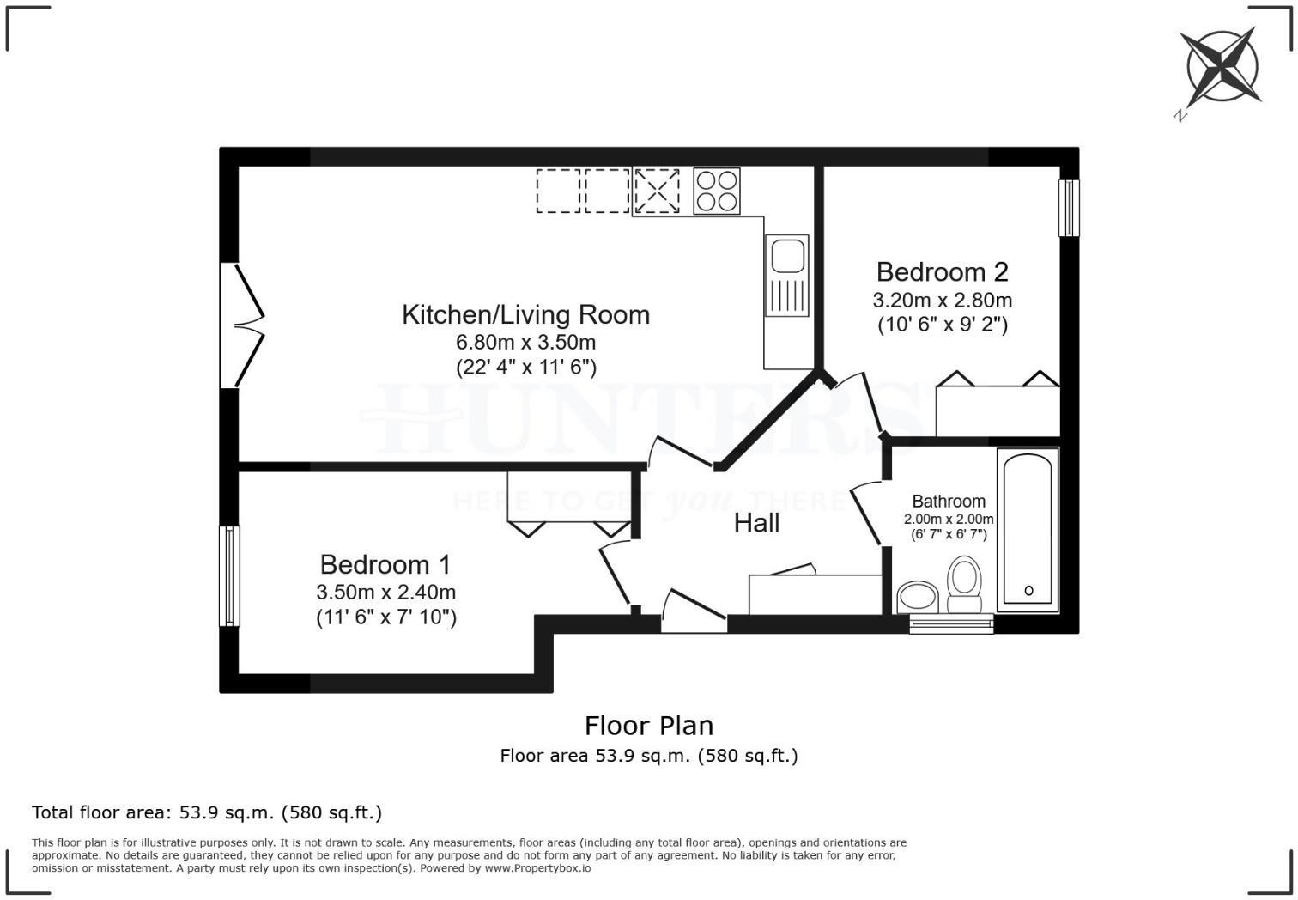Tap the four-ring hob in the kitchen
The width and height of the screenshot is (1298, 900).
(716, 192)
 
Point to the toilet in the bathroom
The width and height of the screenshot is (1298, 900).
(964, 586)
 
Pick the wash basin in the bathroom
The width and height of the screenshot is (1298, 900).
(918, 596)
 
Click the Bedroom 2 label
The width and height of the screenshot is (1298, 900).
(942, 272)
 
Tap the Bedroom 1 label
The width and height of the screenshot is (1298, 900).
(385, 564)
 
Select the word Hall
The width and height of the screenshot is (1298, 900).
(756, 523)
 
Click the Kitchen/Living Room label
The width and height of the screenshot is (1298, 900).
(525, 314)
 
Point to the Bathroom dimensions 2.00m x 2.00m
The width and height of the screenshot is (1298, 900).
(949, 520)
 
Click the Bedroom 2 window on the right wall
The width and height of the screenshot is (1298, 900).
(1068, 208)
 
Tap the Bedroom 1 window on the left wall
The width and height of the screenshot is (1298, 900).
(229, 575)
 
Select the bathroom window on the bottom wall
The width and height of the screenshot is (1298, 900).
(951, 623)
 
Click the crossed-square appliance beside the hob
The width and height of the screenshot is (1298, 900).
(657, 191)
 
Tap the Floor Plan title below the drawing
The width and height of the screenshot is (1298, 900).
(649, 726)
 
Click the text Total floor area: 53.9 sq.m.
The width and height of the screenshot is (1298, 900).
(206, 812)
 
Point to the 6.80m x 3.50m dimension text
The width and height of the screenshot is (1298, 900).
(525, 342)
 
